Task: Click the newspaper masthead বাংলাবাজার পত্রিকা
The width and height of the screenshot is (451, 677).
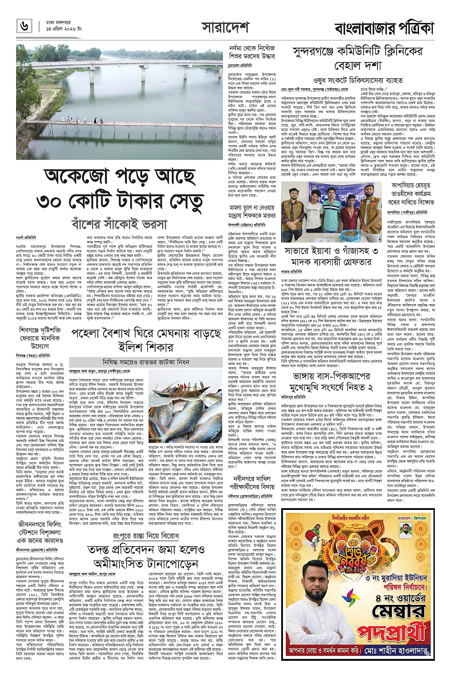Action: (384, 28)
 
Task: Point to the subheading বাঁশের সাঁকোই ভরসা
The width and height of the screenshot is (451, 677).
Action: (119, 223)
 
